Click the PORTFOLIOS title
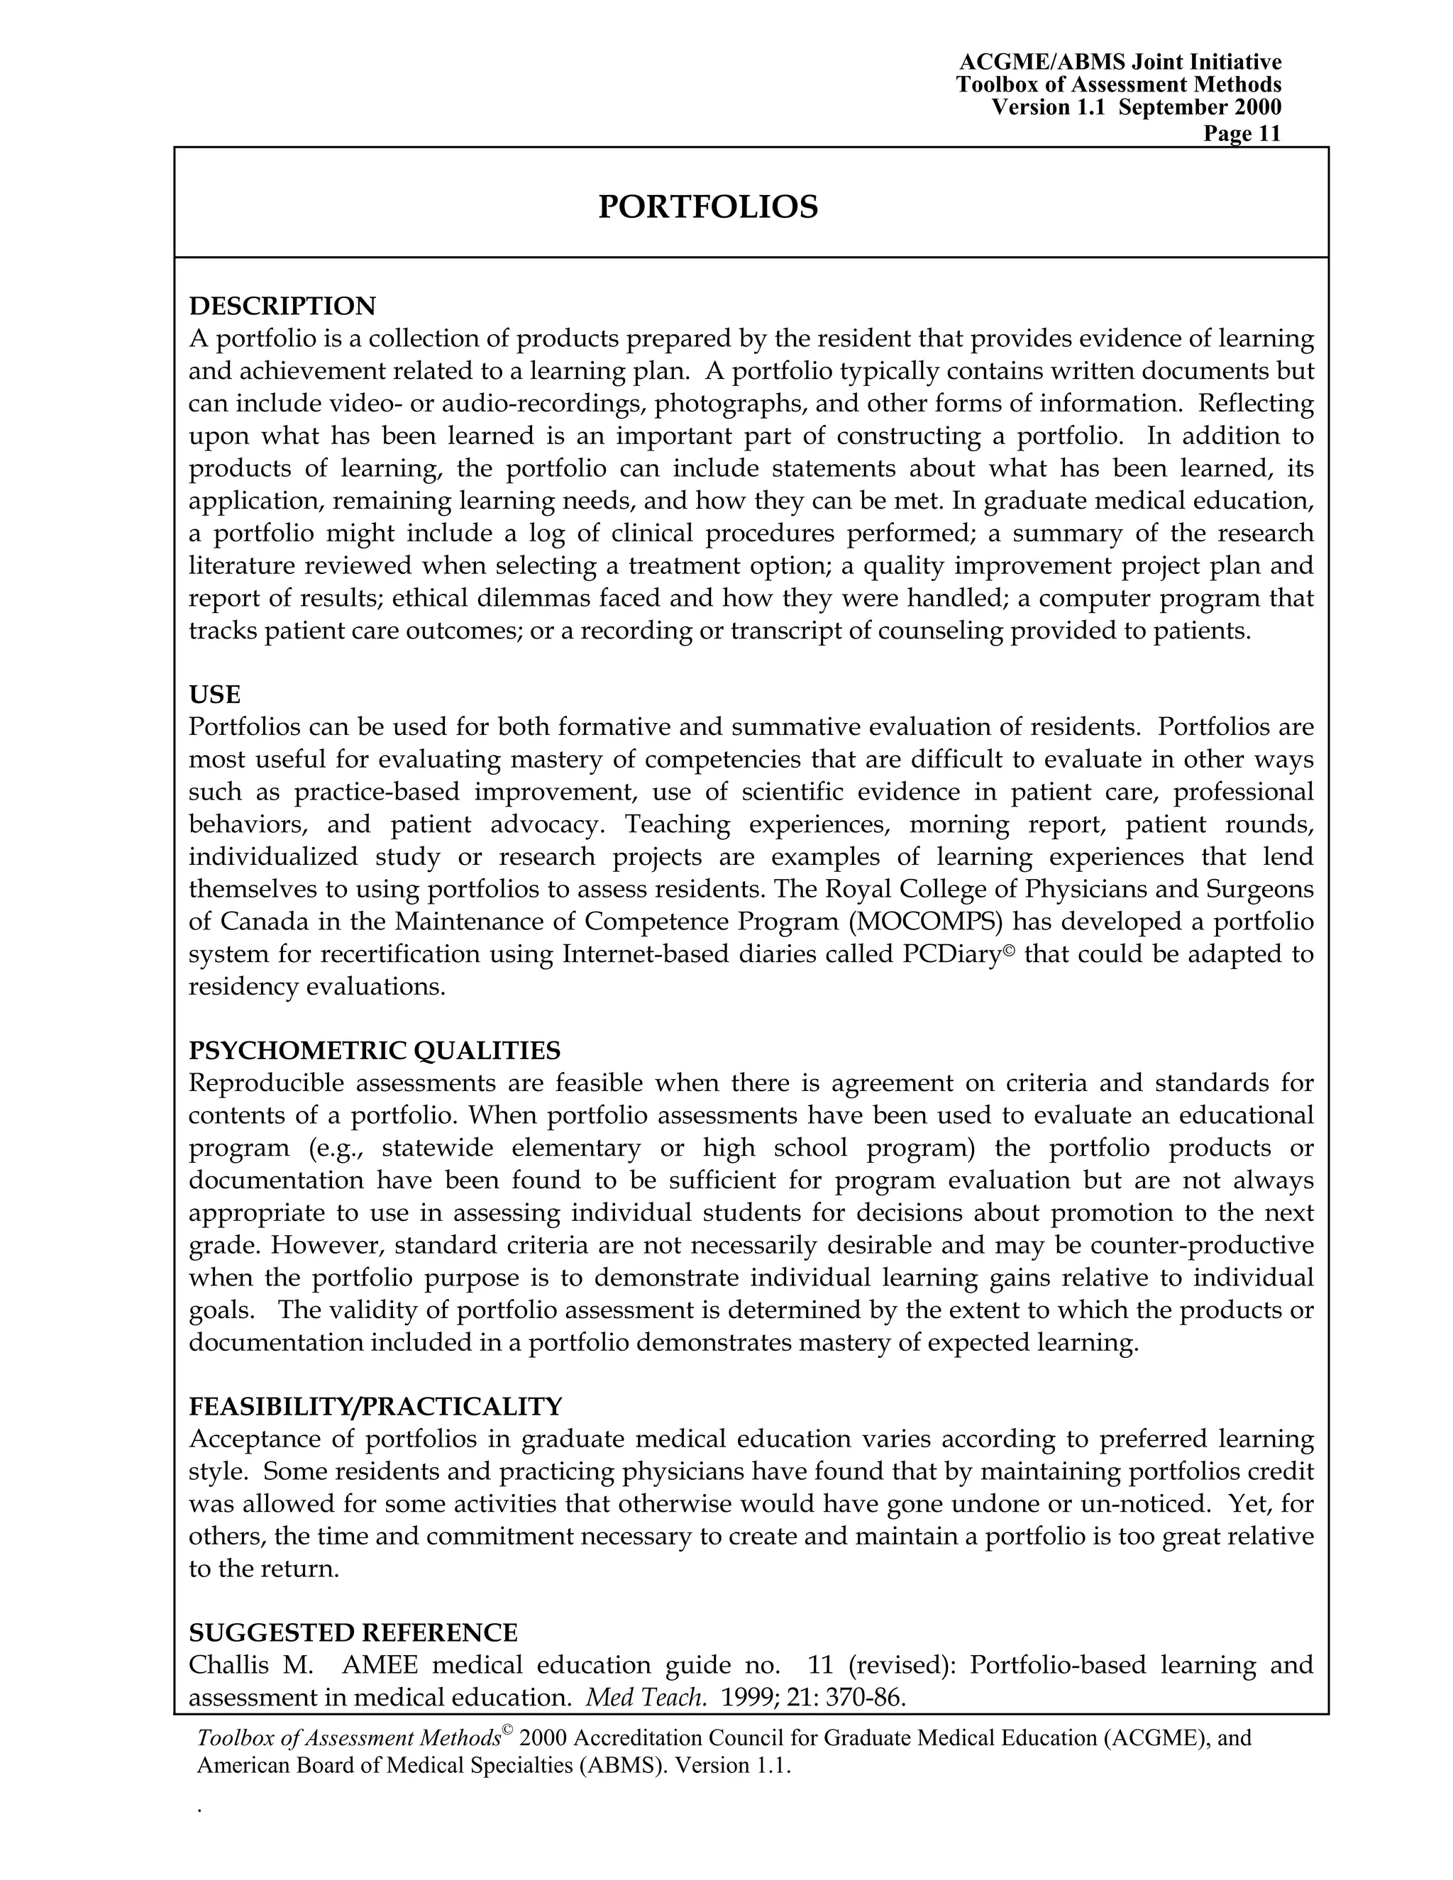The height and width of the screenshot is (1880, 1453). tap(707, 207)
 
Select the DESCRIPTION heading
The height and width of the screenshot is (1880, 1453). tap(282, 306)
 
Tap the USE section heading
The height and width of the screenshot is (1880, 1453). tap(214, 694)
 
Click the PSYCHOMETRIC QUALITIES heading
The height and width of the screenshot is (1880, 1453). tap(375, 1050)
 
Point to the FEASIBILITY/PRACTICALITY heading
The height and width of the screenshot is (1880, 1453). tap(375, 1405)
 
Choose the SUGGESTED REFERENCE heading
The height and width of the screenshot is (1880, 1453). tap(353, 1632)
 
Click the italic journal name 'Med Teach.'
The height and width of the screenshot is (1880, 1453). tap(646, 1698)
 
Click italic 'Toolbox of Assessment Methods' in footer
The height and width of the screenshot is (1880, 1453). tap(348, 1738)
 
